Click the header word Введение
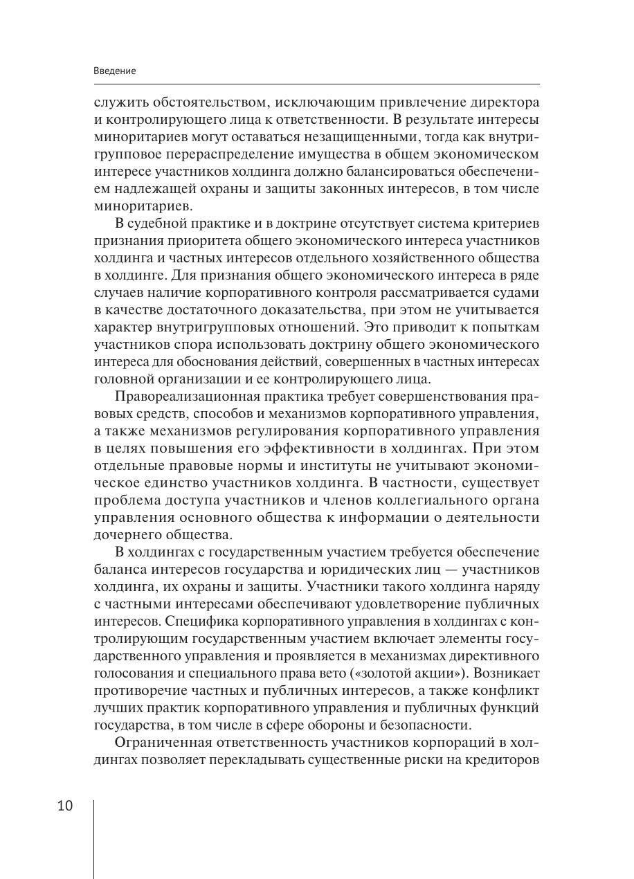114,71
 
